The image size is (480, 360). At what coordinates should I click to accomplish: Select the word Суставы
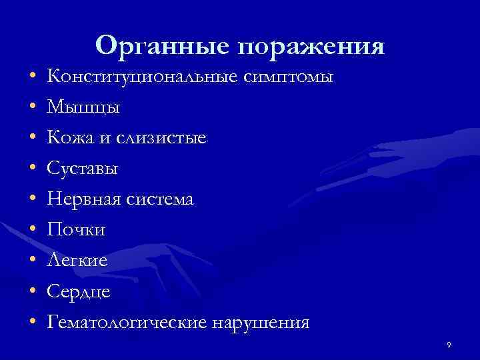coord(83,169)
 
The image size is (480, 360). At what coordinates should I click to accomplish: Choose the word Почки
coord(76,230)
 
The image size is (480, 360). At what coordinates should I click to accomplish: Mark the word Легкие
coord(77,261)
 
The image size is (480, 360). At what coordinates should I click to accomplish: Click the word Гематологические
coord(127,323)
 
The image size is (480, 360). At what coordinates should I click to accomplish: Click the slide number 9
coord(449,344)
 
